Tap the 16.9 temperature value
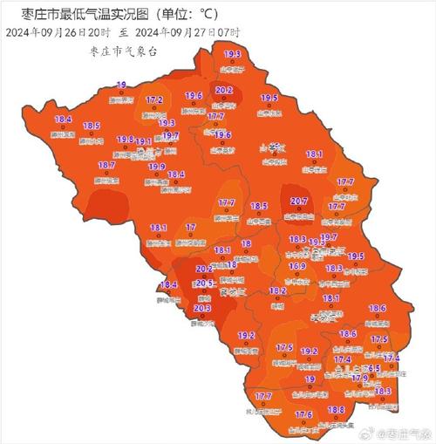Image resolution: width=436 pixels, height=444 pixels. tap(297, 266)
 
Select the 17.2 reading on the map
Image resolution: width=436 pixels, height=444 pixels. tap(154, 100)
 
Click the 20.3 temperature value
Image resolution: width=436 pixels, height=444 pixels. tap(201, 308)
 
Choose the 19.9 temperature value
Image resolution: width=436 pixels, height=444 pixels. tap(156, 167)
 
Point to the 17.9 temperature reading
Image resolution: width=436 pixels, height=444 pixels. tap(359, 378)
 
